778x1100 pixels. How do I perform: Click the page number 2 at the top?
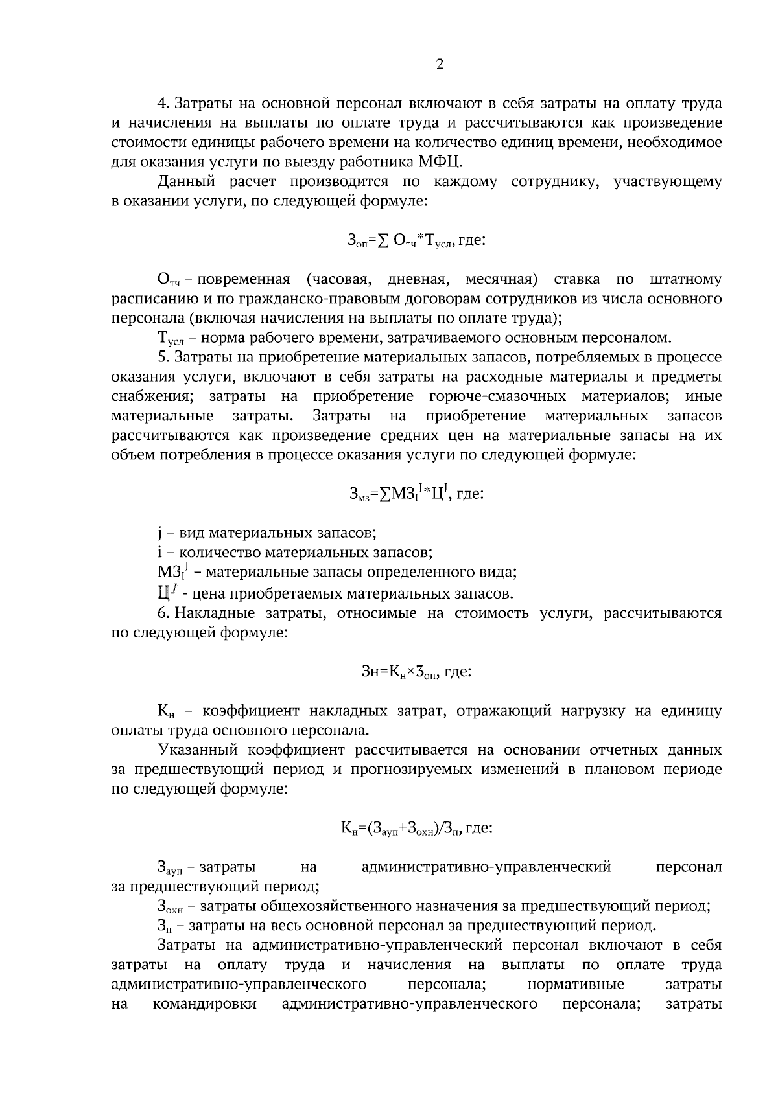[x=440, y=64]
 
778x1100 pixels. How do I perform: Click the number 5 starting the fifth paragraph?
[x=162, y=358]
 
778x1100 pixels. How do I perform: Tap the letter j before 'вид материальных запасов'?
[x=159, y=534]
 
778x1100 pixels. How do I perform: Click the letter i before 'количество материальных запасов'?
[x=159, y=553]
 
